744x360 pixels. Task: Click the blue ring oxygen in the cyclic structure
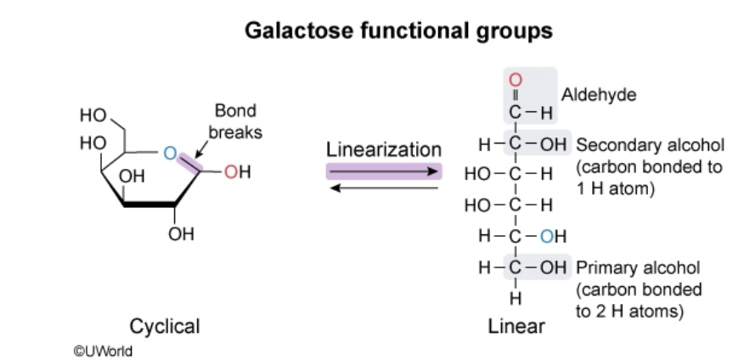(x=169, y=153)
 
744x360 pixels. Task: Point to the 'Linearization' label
(x=384, y=149)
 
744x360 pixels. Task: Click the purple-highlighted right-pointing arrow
(x=384, y=171)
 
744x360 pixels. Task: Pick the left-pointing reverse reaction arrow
(x=384, y=187)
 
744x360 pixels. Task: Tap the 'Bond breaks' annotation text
(x=236, y=121)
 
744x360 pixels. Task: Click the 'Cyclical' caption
(x=165, y=326)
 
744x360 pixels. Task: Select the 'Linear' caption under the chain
(x=516, y=326)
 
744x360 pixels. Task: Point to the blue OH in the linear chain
(x=553, y=237)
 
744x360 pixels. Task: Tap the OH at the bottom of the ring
(x=181, y=233)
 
